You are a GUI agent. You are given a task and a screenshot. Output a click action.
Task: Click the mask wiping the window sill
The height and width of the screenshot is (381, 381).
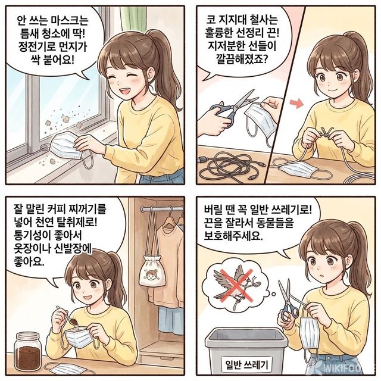[74, 145]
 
